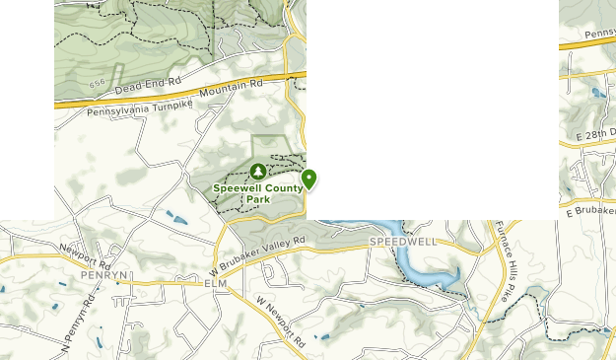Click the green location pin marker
pos(309,179)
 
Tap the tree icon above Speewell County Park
pos(258,171)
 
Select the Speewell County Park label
pos(257,192)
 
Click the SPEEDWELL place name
pos(402,242)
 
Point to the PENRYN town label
pos(104,275)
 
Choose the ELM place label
pos(216,284)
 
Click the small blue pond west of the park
pos(176,218)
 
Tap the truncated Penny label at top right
pos(599,36)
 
